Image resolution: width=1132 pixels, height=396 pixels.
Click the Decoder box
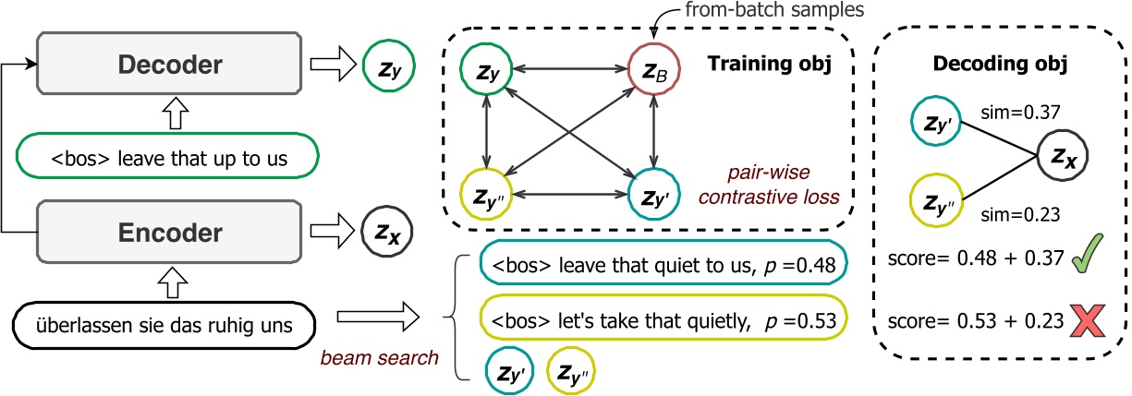click(x=168, y=63)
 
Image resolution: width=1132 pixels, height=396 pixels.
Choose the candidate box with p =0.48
click(x=663, y=268)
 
